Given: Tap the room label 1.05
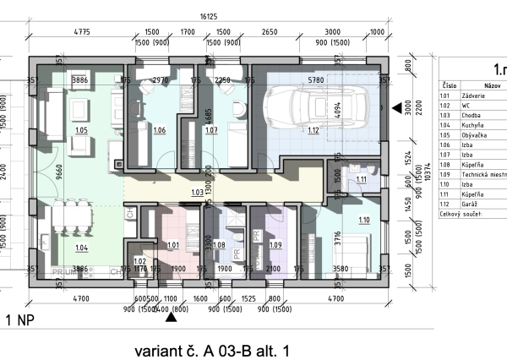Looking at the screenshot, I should point(82,132).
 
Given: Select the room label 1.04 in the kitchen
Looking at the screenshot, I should point(82,247).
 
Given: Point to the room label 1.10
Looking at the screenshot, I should point(364,221).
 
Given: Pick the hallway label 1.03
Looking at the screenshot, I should point(196,193).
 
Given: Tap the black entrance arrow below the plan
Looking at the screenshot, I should point(172,318).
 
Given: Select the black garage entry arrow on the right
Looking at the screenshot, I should point(397,107).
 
